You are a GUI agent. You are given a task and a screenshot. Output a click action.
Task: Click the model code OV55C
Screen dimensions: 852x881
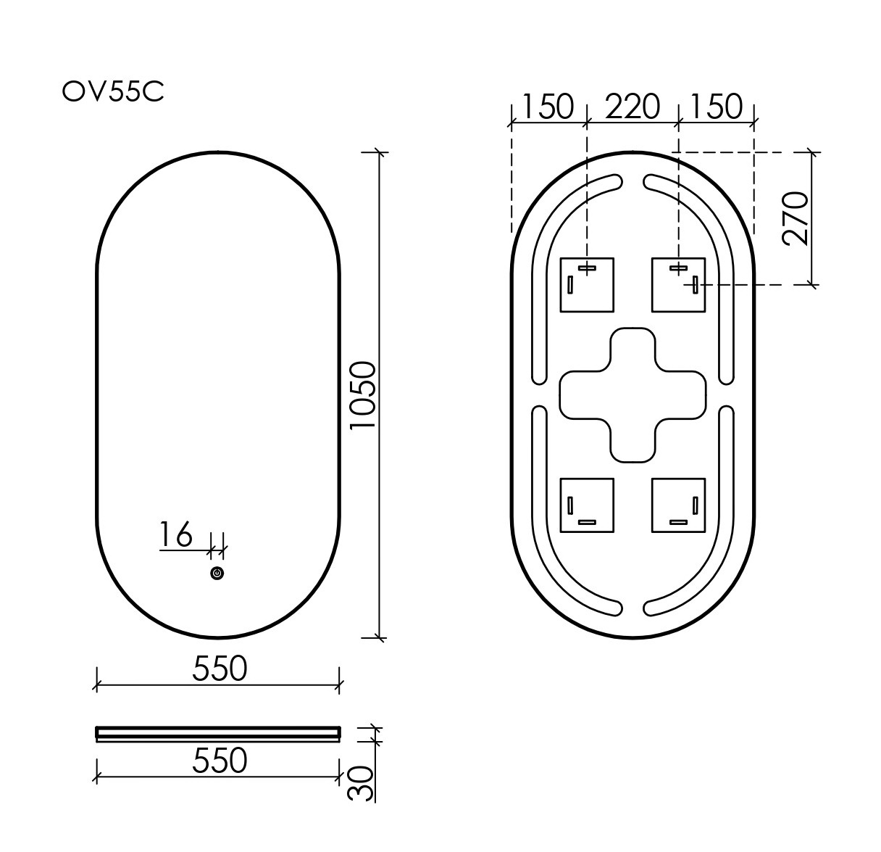click(x=113, y=92)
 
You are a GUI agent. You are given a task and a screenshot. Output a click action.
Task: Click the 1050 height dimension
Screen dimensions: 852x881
click(x=363, y=395)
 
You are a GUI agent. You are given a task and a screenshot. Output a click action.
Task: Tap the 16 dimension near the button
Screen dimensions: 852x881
click(x=176, y=535)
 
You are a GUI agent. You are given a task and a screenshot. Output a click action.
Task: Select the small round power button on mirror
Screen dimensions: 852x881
click(x=217, y=574)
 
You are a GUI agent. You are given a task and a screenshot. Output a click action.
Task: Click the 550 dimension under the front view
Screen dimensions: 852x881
click(x=220, y=668)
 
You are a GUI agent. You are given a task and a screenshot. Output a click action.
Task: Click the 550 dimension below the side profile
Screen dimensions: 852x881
click(x=220, y=760)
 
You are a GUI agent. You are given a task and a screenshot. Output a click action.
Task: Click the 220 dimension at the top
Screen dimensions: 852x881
click(x=632, y=107)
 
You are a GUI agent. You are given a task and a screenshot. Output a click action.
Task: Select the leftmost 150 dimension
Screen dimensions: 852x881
click(x=547, y=107)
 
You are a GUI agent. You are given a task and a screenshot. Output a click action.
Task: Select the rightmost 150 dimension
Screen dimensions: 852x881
click(x=716, y=107)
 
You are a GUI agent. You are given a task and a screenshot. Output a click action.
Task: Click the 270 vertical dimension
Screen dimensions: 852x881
click(x=795, y=219)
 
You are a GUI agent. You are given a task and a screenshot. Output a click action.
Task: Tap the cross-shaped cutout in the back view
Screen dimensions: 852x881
click(x=632, y=394)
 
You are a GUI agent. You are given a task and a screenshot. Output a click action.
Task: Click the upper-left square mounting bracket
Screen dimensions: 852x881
click(x=587, y=285)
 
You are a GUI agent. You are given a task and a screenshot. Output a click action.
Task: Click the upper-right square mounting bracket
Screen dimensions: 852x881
click(x=678, y=285)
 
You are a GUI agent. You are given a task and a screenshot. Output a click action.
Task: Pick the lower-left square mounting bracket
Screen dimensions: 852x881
click(x=587, y=505)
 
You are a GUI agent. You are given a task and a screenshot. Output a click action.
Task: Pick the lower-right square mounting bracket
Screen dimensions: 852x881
click(x=678, y=505)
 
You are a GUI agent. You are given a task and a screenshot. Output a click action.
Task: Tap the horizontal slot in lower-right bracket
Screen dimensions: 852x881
click(x=678, y=521)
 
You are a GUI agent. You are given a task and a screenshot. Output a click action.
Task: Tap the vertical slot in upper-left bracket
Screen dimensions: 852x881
click(x=570, y=285)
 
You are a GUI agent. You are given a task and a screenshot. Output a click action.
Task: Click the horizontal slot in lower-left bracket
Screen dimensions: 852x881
click(x=586, y=521)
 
